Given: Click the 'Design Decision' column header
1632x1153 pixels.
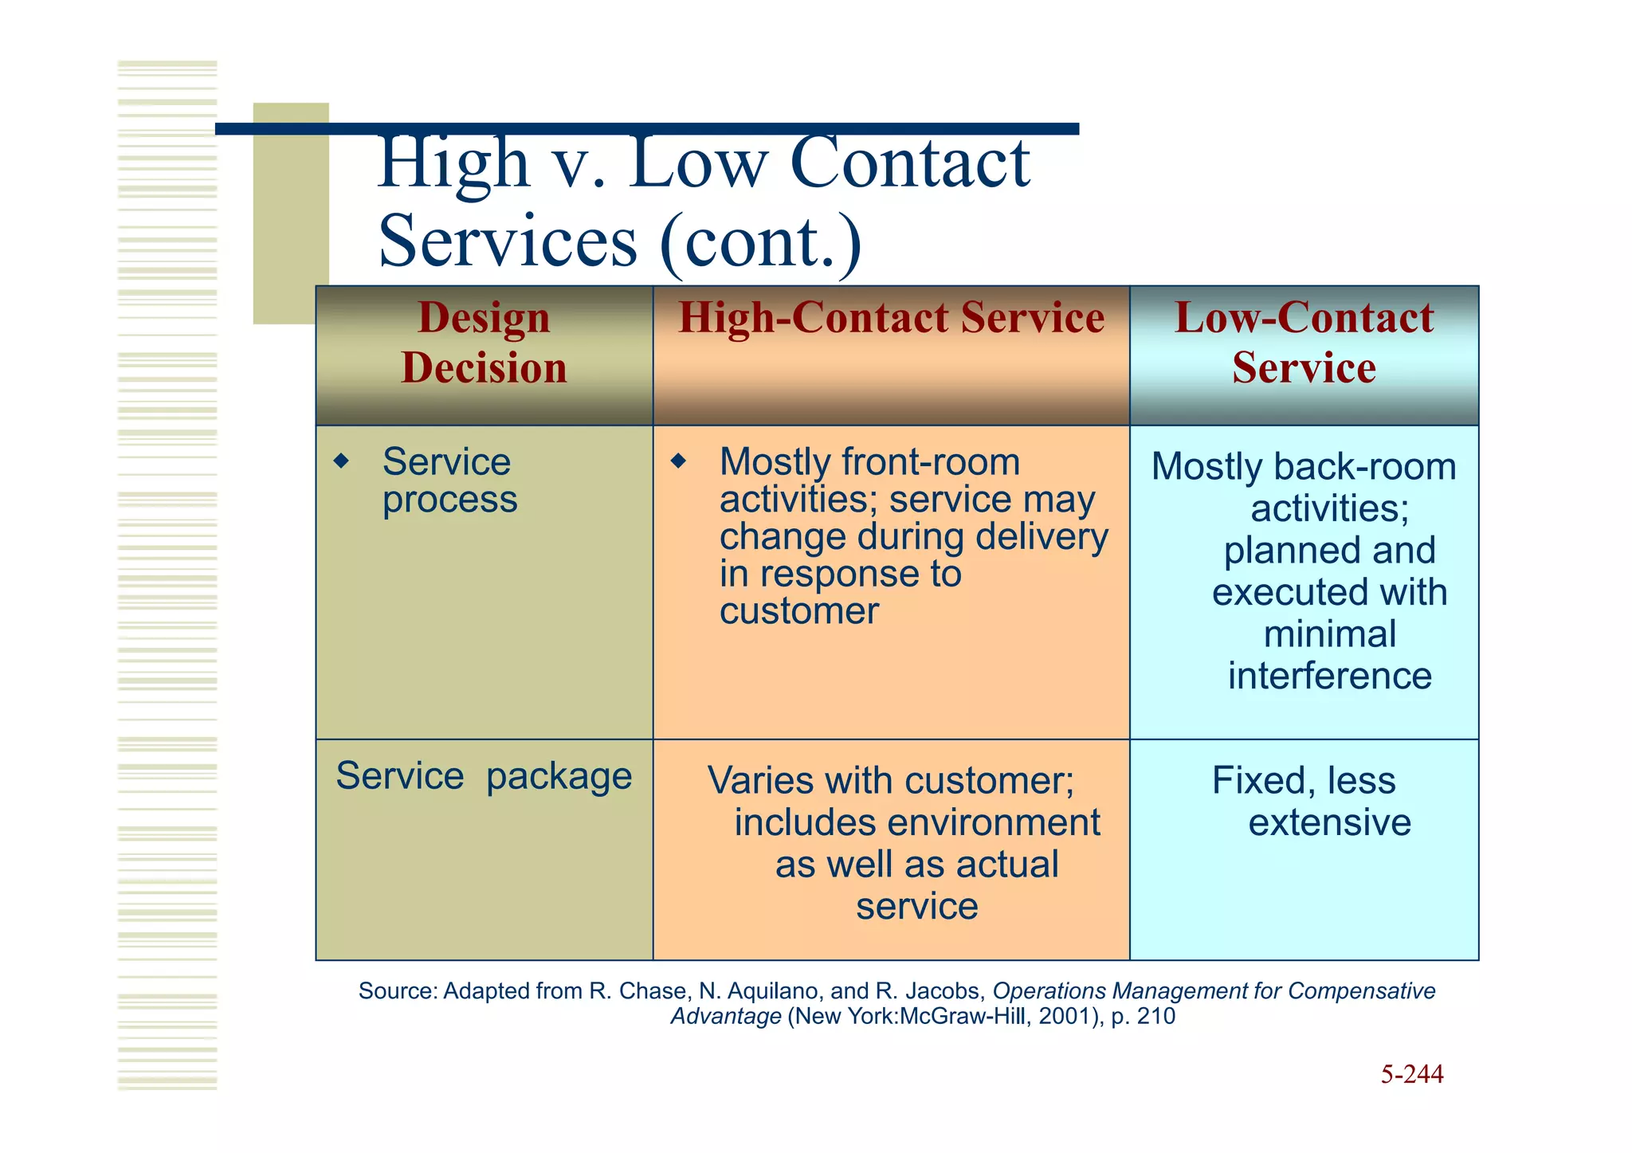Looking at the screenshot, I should coord(484,343).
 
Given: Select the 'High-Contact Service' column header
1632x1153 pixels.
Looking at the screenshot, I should coord(891,318).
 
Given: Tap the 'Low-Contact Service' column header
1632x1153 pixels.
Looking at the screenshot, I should coord(1304,343).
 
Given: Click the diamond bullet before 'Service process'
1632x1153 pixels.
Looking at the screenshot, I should coord(342,461).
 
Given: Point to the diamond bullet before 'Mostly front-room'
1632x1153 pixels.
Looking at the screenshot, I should coord(678,461).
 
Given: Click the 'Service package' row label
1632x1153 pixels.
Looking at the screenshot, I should coord(484,775).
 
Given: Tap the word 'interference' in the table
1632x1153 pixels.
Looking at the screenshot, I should coord(1329,676).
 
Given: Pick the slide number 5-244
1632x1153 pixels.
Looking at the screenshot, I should coord(1411,1074).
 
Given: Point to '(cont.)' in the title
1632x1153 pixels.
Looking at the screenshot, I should coord(761,241).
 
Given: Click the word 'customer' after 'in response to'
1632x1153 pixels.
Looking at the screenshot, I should coord(798,611).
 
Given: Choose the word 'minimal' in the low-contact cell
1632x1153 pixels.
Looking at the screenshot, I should coord(1329,634).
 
